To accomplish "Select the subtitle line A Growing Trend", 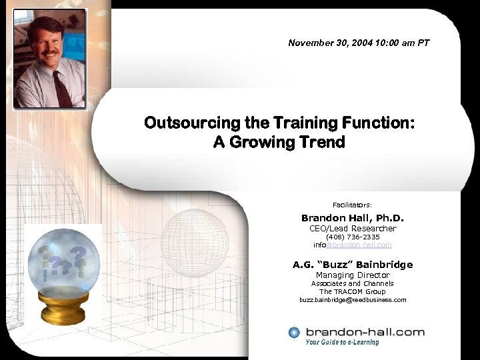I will point(279,142).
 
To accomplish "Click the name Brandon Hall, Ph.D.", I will point(353,218).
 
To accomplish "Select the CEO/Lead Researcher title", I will point(353,229).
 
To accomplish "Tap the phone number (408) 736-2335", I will point(353,237).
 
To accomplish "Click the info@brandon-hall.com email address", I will point(353,245).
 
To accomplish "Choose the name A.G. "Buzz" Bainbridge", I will point(353,265).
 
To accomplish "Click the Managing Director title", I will point(353,275).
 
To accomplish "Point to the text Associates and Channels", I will point(353,283).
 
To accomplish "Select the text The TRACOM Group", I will point(353,291).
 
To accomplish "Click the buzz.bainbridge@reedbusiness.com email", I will point(353,300).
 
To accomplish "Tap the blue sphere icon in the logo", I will point(294,332).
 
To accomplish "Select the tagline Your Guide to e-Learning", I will point(342,343).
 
